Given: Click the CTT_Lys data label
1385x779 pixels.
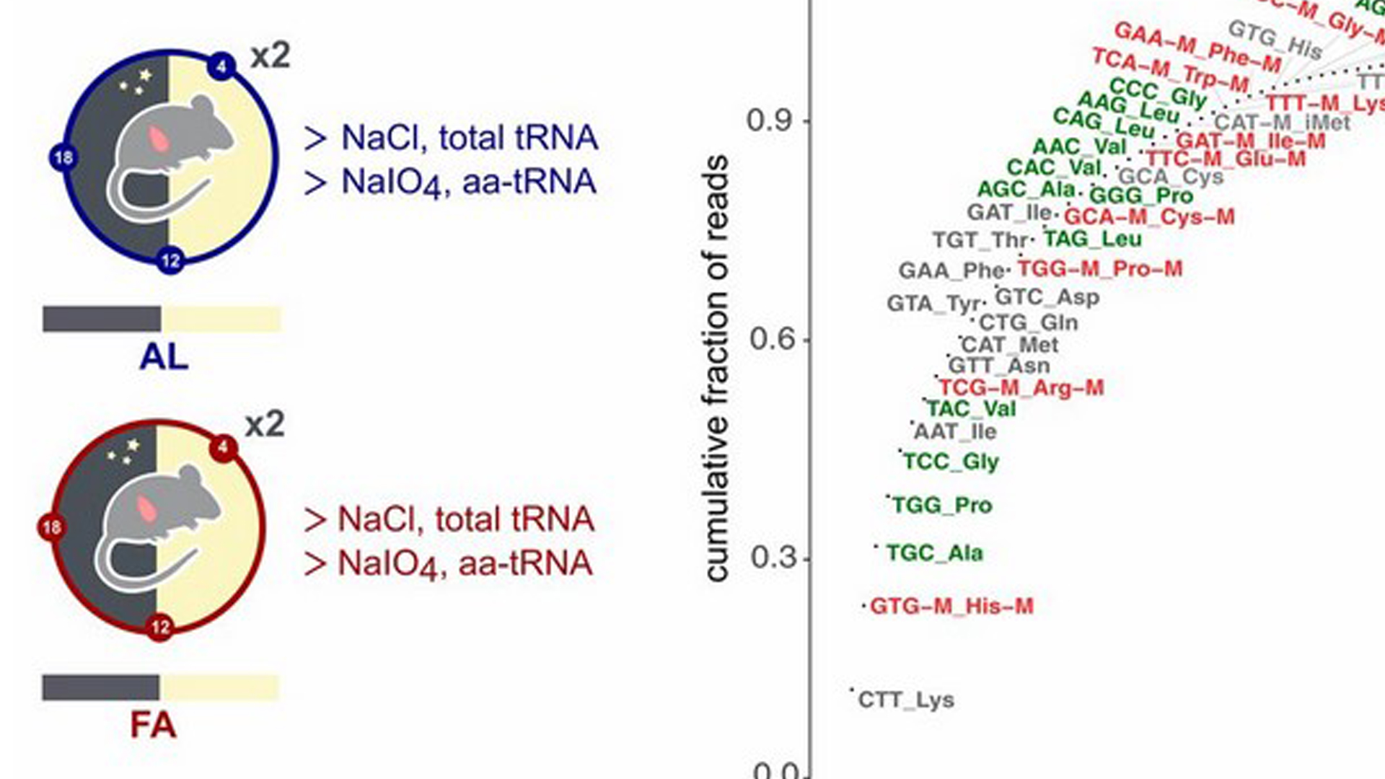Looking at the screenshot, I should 906,700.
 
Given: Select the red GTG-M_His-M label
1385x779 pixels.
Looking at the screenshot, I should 951,606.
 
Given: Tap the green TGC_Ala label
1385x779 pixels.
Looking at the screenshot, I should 934,553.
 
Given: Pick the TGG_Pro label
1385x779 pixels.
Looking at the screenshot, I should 942,505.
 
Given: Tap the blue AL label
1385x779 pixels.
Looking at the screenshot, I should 164,357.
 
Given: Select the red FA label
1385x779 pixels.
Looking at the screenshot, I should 153,725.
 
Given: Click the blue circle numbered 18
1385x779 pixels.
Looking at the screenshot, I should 63,157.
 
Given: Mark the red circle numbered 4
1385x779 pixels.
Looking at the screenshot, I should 223,448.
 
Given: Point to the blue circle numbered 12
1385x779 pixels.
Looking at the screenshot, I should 170,260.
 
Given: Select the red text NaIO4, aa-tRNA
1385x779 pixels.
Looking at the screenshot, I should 449,563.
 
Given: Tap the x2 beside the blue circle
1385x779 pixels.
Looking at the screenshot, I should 271,56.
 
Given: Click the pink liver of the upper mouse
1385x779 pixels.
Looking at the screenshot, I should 158,138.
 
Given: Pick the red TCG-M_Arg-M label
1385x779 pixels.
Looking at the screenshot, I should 1021,388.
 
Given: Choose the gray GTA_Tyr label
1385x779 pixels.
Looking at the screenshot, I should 934,304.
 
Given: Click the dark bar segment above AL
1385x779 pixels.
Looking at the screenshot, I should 102,319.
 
